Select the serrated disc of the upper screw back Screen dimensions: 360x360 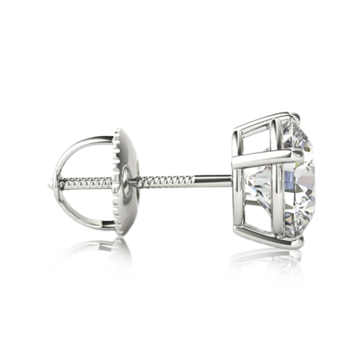click(124, 180)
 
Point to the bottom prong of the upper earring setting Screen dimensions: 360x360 click(294, 241)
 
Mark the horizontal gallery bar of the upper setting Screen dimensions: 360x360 click(264, 158)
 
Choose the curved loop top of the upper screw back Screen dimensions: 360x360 click(90, 142)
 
